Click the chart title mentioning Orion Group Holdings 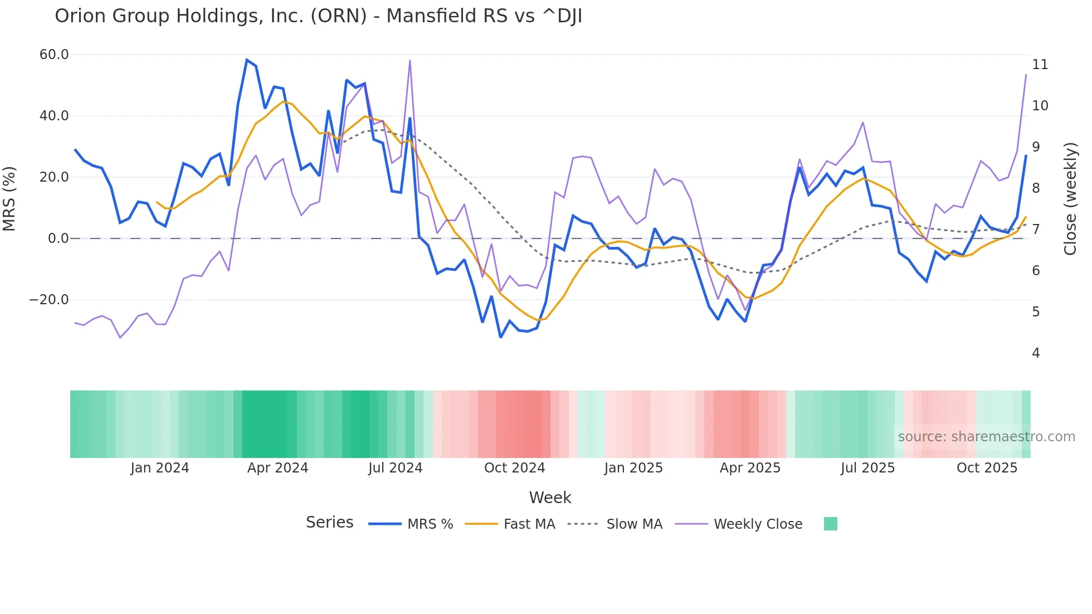(318, 16)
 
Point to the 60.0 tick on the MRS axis (54, 55)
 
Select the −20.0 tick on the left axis (49, 300)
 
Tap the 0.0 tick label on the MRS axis (58, 238)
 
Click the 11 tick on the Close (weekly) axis (1040, 65)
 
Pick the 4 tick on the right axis (1036, 353)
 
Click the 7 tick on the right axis (1036, 230)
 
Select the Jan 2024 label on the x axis (160, 468)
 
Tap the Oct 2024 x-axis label (514, 468)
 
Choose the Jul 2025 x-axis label (867, 468)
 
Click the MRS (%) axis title (9, 198)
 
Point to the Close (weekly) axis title (1070, 199)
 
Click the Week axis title (550, 498)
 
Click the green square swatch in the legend (830, 524)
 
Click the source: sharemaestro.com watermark (986, 437)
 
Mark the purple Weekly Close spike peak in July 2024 (410, 61)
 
